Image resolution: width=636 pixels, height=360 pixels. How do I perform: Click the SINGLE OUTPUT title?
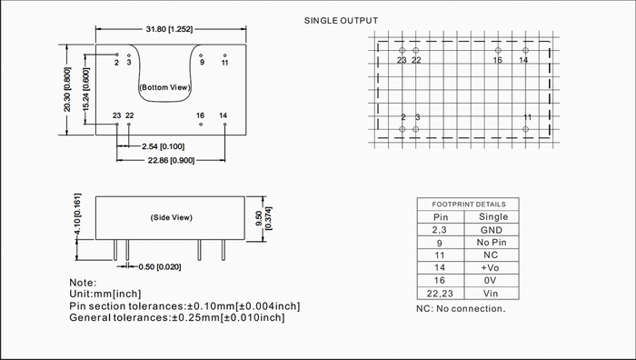(341, 21)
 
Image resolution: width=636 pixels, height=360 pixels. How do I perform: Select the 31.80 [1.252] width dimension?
(169, 29)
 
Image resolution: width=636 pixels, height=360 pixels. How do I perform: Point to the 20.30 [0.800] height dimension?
(67, 89)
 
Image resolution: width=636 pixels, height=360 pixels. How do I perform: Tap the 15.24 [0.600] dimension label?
(86, 89)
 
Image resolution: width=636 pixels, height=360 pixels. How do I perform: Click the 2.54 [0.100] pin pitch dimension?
(163, 146)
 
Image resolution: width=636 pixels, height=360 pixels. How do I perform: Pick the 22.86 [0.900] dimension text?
(171, 160)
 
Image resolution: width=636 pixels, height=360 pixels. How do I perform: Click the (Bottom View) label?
(164, 87)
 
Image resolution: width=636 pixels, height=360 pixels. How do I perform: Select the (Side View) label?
(171, 217)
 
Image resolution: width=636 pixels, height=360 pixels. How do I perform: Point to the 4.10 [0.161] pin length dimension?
(77, 214)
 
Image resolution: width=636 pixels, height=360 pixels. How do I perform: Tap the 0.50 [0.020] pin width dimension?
(160, 267)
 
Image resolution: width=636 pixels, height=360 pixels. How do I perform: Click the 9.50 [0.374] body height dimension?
(263, 219)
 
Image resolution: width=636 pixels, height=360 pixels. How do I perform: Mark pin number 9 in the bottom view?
(202, 63)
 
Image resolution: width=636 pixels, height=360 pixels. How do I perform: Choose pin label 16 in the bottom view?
(200, 115)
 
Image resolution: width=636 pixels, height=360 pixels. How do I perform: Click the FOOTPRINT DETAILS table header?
(469, 205)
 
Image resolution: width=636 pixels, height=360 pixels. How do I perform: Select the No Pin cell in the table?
(492, 243)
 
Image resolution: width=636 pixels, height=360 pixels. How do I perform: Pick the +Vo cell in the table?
(490, 267)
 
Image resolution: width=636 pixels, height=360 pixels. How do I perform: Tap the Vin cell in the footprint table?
(491, 293)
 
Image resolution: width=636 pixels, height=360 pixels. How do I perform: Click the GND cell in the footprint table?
(492, 230)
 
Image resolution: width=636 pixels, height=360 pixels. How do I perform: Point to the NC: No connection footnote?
(461, 309)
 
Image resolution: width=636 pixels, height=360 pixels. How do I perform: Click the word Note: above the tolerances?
(83, 283)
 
